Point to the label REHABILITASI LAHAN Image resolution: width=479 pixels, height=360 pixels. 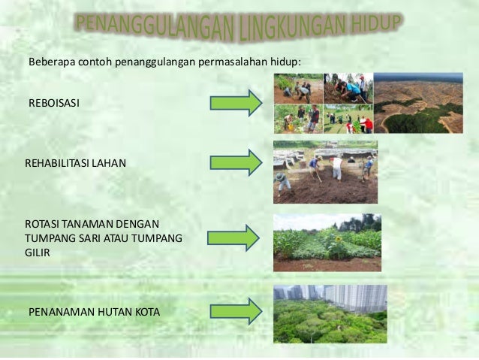coord(76,162)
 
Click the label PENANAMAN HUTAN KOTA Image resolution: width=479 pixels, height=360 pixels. coord(94,310)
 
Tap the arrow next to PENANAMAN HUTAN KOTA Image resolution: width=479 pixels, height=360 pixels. coord(235,310)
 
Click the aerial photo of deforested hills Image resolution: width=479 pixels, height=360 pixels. coord(418,103)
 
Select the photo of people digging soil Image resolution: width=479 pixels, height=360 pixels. coord(325,172)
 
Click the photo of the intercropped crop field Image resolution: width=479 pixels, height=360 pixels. coord(327,242)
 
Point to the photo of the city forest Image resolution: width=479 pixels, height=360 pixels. coord(330,314)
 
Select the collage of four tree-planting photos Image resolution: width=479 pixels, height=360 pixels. coord(323,103)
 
